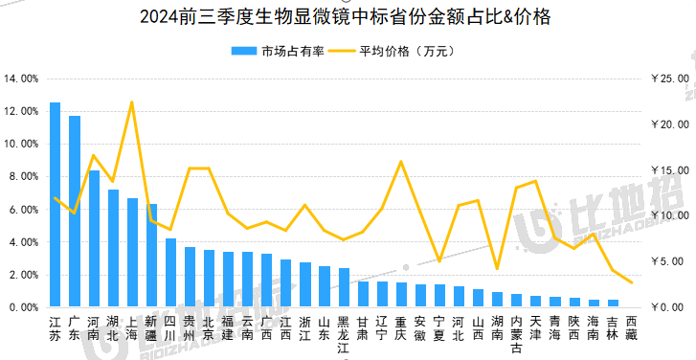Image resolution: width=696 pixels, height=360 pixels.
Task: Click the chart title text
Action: [346, 17]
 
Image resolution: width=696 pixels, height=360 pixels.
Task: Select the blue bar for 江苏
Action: [55, 205]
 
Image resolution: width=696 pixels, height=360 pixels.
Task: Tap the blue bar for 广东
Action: [75, 212]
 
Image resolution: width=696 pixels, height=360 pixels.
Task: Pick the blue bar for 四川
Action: [170, 273]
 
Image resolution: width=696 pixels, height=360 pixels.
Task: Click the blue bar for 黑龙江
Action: [344, 287]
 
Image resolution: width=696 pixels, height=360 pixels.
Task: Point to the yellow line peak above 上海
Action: [132, 102]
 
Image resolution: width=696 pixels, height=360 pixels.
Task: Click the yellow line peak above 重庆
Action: [401, 162]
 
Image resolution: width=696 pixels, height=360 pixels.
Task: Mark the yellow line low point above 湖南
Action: [497, 268]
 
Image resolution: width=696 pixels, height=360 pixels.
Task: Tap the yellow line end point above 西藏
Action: [631, 282]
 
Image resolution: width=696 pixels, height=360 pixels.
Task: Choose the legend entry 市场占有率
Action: [278, 51]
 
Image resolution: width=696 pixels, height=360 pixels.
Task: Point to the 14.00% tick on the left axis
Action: [21, 79]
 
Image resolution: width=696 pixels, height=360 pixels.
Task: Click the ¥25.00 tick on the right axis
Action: [670, 79]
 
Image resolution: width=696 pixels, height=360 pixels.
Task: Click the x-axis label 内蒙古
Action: [516, 334]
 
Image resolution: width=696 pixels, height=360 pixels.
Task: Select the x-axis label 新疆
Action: [151, 328]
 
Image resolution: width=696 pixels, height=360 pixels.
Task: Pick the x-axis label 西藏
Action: [631, 328]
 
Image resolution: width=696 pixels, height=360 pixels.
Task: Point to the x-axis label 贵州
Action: [190, 328]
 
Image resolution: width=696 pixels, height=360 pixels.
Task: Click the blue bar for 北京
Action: [209, 279]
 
